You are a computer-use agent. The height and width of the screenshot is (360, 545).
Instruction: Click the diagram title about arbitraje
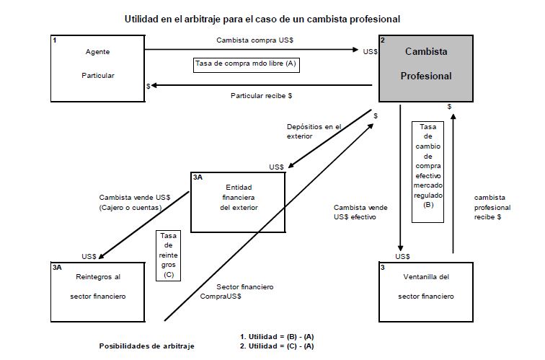coord(272,17)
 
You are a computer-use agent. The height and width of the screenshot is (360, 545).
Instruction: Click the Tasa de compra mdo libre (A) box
coord(246,63)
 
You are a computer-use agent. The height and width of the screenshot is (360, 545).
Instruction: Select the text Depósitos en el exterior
coord(313,131)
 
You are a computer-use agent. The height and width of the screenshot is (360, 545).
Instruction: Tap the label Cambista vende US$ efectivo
coord(360,212)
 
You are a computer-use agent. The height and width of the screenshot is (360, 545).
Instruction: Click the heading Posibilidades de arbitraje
coord(146,346)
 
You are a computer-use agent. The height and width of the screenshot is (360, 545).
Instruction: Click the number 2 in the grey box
coord(383,41)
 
